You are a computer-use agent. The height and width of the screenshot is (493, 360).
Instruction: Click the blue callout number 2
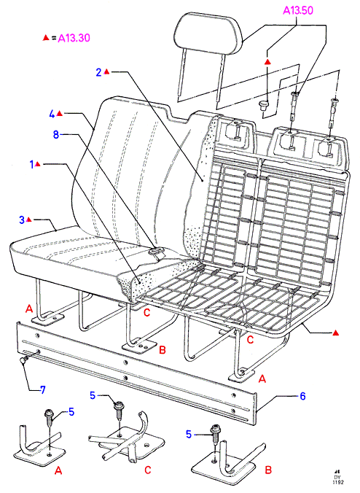pyautogui.click(x=98, y=72)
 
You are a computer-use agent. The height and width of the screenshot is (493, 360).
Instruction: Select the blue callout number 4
pyautogui.click(x=52, y=114)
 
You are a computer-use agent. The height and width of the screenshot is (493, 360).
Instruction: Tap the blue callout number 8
pyautogui.click(x=56, y=135)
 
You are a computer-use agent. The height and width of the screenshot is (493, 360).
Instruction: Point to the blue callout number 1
pyautogui.click(x=31, y=164)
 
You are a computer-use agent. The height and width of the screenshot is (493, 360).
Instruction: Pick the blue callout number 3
pyautogui.click(x=22, y=220)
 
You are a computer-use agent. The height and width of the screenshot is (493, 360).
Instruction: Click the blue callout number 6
pyautogui.click(x=302, y=396)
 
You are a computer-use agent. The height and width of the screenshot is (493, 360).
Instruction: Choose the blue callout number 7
pyautogui.click(x=43, y=390)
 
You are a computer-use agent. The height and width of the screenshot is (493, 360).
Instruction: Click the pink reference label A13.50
pyautogui.click(x=298, y=10)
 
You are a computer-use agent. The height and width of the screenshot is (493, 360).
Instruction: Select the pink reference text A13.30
pyautogui.click(x=74, y=38)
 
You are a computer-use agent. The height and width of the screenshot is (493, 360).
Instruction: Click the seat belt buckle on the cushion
pyautogui.click(x=157, y=251)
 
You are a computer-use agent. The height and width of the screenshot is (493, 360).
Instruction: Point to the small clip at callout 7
pyautogui.click(x=23, y=360)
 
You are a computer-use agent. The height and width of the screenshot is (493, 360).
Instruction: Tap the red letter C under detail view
pyautogui.click(x=148, y=470)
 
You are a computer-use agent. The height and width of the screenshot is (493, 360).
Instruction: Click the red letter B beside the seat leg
pyautogui.click(x=163, y=349)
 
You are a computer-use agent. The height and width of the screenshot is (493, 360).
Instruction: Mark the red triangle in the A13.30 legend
pyautogui.click(x=46, y=38)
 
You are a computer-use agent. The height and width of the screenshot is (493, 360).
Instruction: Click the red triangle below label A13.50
pyautogui.click(x=267, y=61)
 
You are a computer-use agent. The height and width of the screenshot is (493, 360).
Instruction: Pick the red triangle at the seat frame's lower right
pyautogui.click(x=335, y=333)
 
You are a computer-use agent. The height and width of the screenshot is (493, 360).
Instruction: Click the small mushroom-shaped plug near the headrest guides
pyautogui.click(x=265, y=105)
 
